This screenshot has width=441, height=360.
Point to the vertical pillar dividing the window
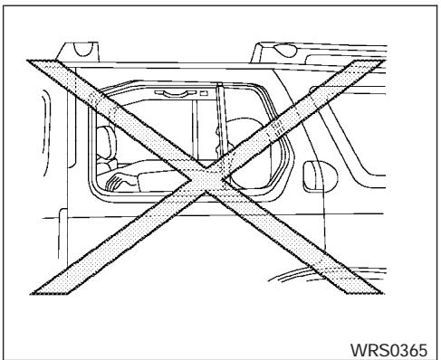pyautogui.click(x=220, y=127)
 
